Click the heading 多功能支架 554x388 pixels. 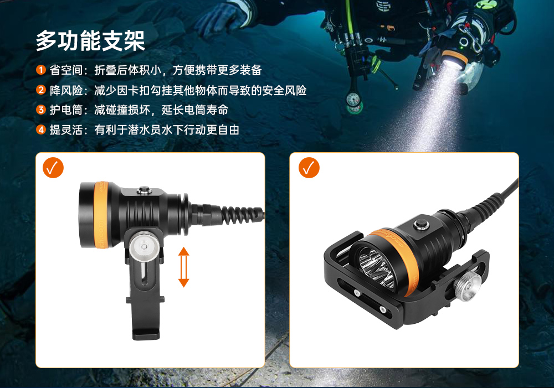(90, 40)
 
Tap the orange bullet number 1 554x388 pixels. (40, 70)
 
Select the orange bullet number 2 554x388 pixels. (40, 90)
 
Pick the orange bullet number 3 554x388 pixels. (40, 110)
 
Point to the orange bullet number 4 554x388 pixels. (40, 130)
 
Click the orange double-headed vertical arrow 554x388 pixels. (183, 267)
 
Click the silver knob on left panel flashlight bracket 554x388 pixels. (144, 245)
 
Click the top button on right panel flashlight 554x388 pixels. (419, 225)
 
